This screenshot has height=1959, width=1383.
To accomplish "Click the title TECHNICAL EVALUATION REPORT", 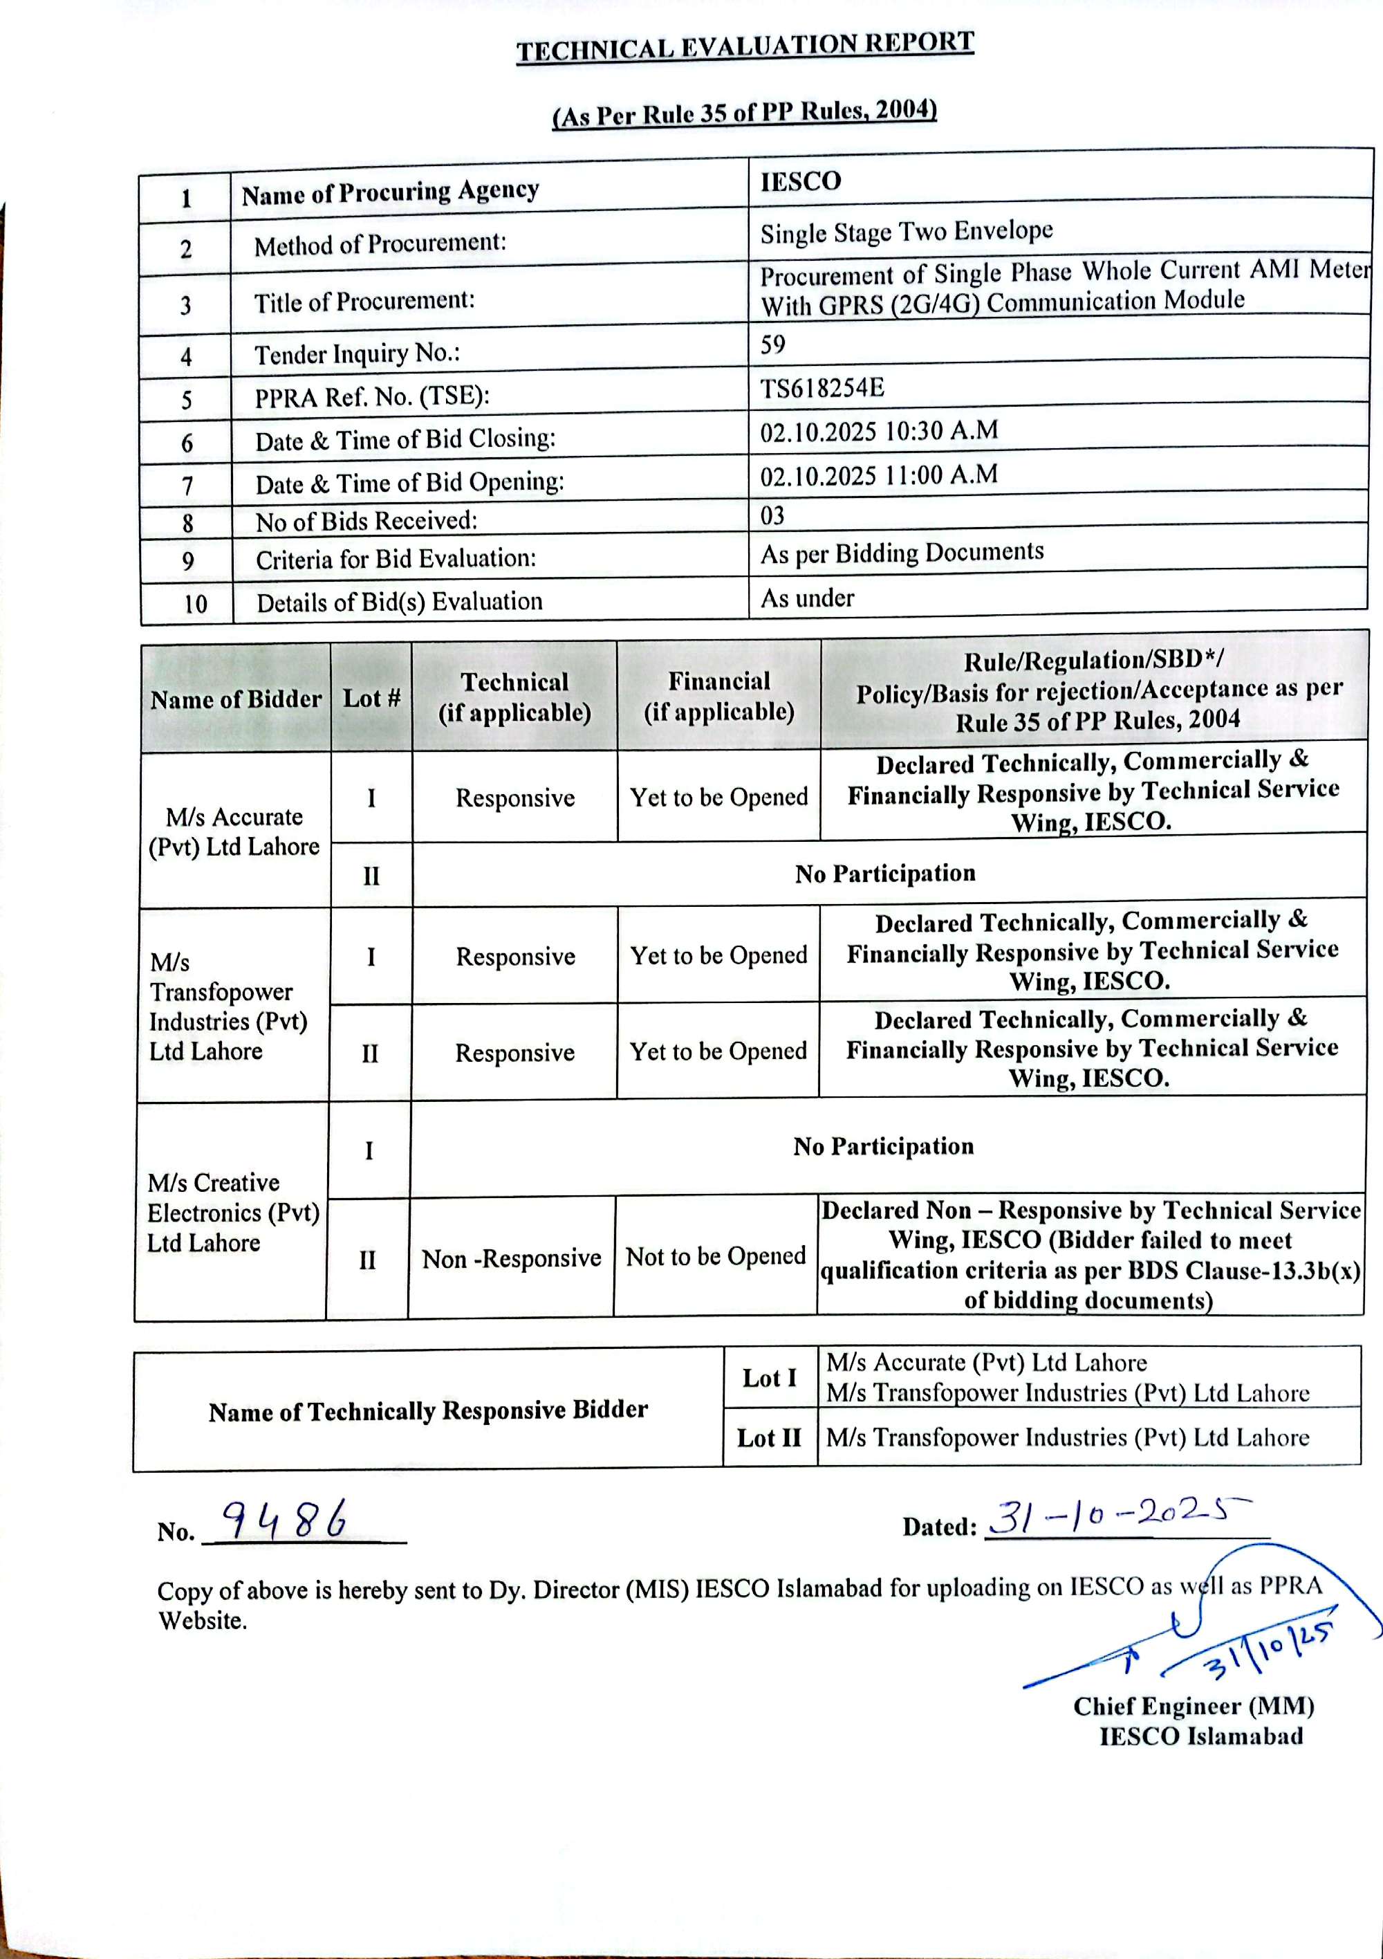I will coord(745,47).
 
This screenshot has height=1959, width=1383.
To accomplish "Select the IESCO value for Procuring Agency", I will coord(800,181).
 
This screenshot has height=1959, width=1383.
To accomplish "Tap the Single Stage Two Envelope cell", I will coord(906,231).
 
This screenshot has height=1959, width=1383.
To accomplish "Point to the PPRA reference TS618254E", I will coord(822,388).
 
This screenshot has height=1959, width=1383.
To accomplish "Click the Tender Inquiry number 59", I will coord(773,344).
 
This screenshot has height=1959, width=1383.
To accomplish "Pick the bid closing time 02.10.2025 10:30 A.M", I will coord(879,431).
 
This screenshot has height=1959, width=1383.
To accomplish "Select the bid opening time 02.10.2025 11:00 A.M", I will coord(879,475).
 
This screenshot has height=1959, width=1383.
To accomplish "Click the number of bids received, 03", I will coord(772,515).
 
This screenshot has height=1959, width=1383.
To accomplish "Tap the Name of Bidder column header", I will coord(236,699).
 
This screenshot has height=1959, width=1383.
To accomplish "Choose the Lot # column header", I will coord(371,698).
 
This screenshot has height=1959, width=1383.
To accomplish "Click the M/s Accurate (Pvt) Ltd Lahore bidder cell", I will coord(234,831).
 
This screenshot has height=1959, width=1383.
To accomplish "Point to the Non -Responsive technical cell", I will coord(511,1258).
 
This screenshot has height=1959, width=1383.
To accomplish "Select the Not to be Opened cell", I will coord(715,1256).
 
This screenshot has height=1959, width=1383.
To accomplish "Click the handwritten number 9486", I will coord(285,1520).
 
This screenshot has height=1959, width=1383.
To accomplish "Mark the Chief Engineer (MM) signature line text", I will coord(1193,1706).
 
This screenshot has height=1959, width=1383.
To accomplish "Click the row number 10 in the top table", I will coord(196,604).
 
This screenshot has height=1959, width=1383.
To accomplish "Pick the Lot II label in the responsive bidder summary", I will coord(769,1437).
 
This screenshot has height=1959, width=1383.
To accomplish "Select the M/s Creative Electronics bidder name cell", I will coord(233,1213).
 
